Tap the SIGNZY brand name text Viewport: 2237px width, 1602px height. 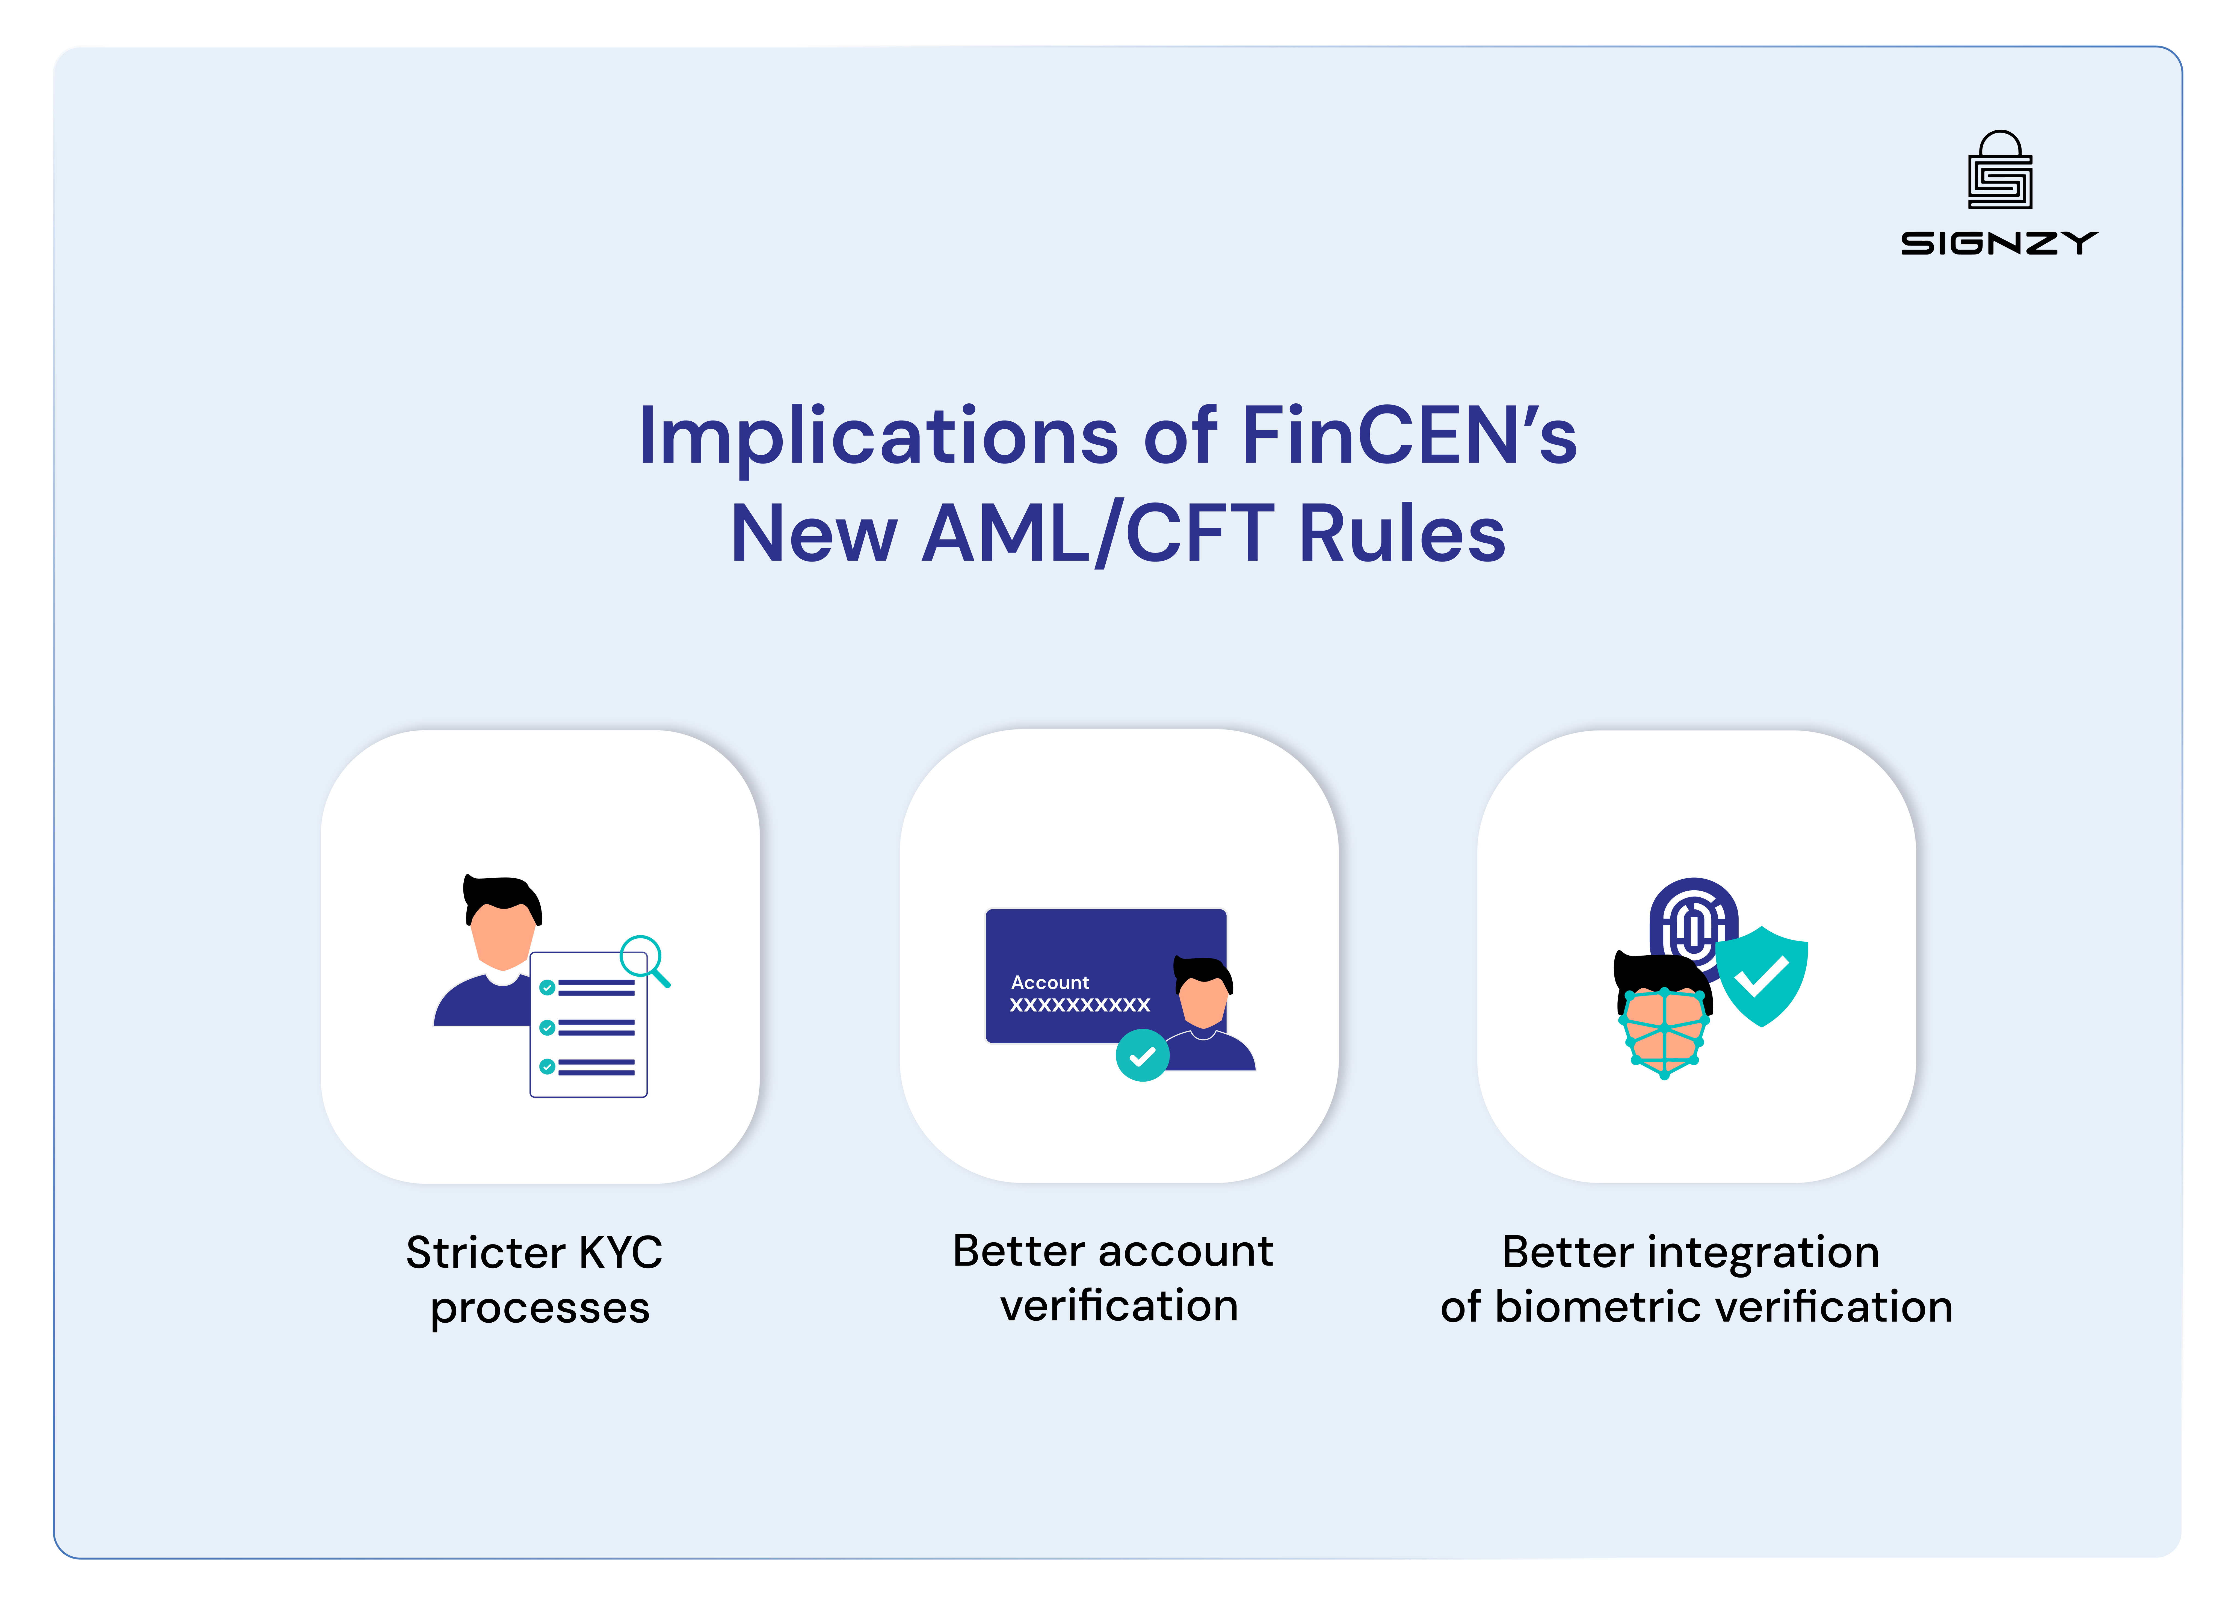pos(1999,243)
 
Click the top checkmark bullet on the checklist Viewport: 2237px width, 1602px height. pos(548,988)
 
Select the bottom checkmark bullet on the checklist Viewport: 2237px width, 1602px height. pos(548,1066)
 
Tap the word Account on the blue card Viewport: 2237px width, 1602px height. pos(1049,983)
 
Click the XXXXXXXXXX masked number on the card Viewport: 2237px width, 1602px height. pos(1079,1005)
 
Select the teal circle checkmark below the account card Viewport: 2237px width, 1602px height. pos(1142,1056)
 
